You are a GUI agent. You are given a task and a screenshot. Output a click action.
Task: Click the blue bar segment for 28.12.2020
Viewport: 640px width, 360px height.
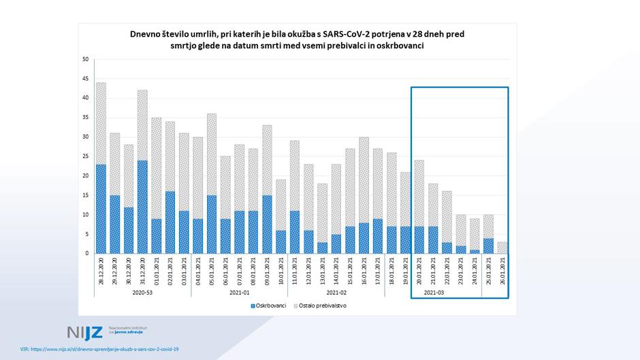(x=101, y=208)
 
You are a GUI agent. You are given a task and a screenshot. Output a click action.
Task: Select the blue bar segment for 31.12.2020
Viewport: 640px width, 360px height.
(x=142, y=207)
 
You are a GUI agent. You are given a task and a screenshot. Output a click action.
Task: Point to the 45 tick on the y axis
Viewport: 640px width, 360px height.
(x=86, y=78)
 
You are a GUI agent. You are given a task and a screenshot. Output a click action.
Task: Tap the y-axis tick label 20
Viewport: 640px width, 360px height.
(x=86, y=176)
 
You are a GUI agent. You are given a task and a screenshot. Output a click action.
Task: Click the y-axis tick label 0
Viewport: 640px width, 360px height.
(x=87, y=253)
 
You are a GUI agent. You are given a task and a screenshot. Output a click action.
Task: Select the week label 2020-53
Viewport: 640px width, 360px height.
(x=142, y=292)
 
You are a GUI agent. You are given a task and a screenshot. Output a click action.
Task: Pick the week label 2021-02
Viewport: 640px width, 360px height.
(x=336, y=292)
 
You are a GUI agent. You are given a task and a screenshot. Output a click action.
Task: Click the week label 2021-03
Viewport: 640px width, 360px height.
(x=434, y=292)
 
